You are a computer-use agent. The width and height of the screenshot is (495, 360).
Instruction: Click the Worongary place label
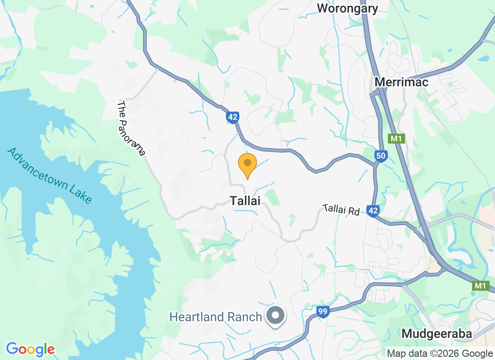[x=347, y=8]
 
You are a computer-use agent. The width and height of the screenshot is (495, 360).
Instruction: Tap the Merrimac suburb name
[x=401, y=82]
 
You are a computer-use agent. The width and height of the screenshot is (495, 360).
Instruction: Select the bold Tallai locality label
[x=245, y=201]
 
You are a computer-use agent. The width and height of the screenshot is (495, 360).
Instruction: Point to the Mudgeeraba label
[x=436, y=334]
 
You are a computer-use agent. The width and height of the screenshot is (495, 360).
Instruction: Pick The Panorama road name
[x=131, y=128]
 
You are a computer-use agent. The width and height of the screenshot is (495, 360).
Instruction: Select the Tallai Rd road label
[x=341, y=210]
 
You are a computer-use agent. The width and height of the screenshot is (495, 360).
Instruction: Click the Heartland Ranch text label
[x=216, y=317]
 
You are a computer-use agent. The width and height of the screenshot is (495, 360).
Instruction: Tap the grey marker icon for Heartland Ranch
[x=276, y=316]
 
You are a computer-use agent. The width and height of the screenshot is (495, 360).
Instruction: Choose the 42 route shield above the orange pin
[x=232, y=117]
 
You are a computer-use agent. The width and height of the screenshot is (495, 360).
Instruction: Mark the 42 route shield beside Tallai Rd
[x=373, y=211]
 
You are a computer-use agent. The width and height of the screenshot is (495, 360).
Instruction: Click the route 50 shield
[x=381, y=156]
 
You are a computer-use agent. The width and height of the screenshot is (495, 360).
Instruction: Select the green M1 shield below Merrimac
[x=396, y=139]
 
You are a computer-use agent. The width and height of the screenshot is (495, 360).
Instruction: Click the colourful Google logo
[x=30, y=349]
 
